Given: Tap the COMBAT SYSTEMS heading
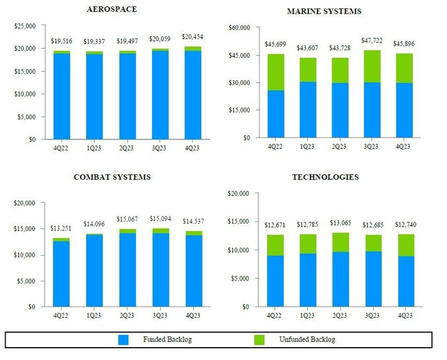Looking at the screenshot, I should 112,177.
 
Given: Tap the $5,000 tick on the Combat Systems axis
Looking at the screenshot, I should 26,281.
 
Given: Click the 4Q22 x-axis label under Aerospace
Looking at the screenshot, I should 61,149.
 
